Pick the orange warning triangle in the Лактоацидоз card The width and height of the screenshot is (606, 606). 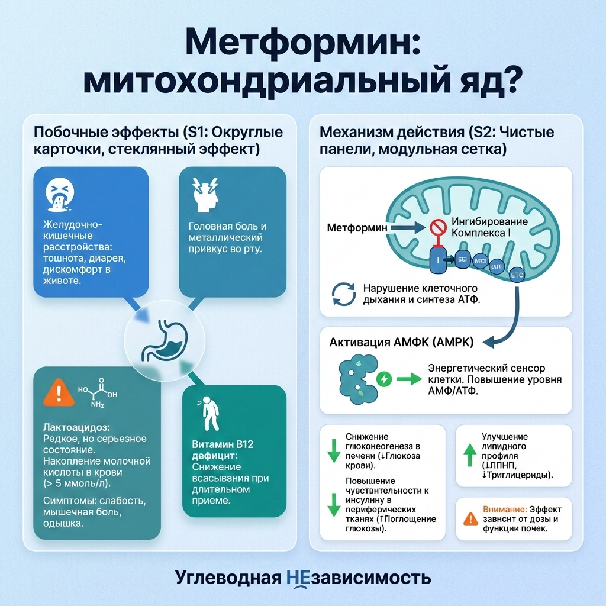(x=58, y=391)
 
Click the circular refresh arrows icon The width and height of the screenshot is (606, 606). (x=342, y=293)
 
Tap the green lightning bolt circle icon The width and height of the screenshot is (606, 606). (x=385, y=378)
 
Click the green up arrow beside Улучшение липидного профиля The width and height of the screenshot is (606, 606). (x=469, y=456)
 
